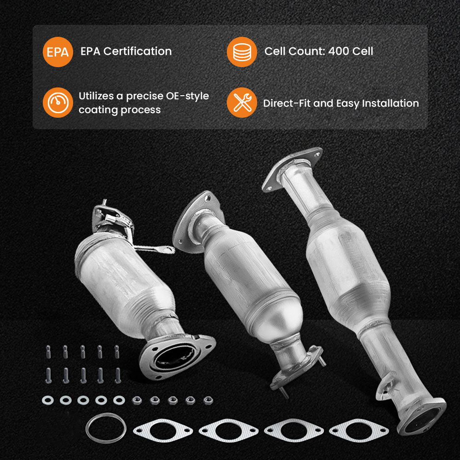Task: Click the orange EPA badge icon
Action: tap(58, 52)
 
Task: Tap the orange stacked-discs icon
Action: tap(241, 52)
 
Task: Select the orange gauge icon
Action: tap(58, 103)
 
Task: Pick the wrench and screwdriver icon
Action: tap(241, 103)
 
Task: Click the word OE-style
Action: tap(187, 96)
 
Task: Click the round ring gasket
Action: tap(106, 430)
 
